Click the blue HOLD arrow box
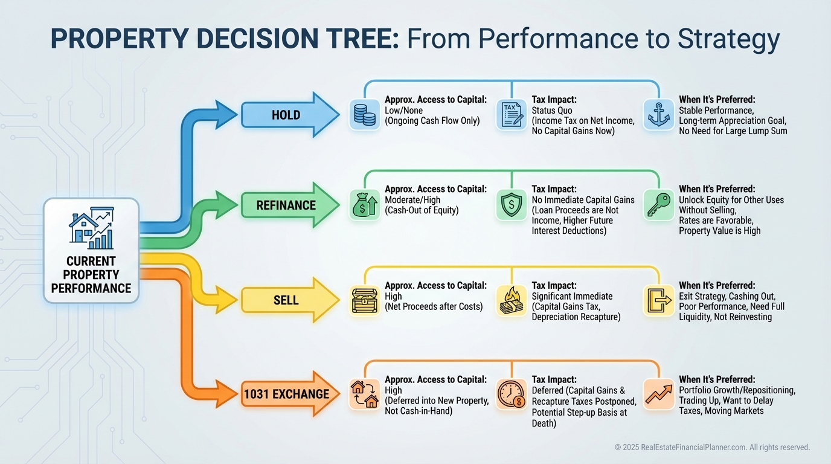click(286, 115)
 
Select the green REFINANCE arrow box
click(286, 205)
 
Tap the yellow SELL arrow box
click(286, 300)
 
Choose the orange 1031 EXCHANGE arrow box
click(286, 395)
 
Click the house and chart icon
click(91, 228)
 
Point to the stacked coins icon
click(365, 115)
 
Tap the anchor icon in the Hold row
click(659, 115)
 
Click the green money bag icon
click(365, 205)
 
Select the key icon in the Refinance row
click(659, 205)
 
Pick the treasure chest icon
click(365, 300)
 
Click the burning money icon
click(512, 300)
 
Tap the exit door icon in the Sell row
click(659, 300)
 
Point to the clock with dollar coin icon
click(512, 395)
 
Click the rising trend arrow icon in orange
click(659, 395)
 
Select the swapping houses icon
click(365, 395)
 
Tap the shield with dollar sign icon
click(512, 205)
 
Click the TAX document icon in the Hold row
click(512, 115)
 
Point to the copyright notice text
click(712, 447)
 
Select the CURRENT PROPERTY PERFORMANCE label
click(91, 274)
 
